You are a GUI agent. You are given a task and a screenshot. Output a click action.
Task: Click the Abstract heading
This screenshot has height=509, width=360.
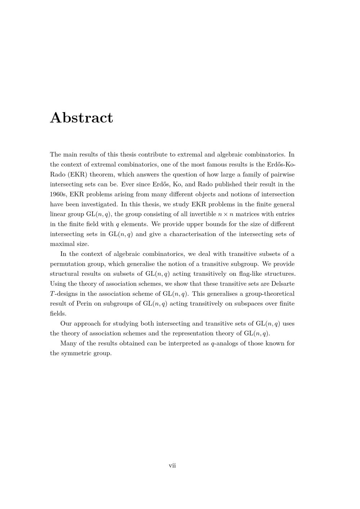click(81, 118)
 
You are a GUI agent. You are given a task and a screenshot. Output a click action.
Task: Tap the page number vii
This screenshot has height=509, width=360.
click(172, 465)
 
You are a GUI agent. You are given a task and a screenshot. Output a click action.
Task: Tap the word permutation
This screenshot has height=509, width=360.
click(67, 264)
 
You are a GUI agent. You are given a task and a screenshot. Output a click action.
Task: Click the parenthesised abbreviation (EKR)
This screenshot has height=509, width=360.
click(78, 175)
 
